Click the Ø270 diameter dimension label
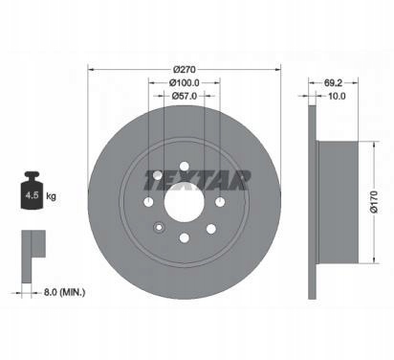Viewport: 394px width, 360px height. click(185, 69)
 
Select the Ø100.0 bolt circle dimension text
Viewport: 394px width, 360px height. click(185, 82)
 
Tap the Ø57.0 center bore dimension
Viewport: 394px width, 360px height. click(185, 96)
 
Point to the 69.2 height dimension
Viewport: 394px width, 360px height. click(333, 82)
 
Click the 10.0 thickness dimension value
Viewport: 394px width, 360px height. click(337, 96)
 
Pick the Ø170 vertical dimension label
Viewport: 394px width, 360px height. click(374, 202)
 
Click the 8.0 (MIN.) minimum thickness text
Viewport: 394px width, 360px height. click(64, 292)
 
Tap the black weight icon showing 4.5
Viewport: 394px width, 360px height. click(32, 191)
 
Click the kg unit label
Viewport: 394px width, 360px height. click(51, 195)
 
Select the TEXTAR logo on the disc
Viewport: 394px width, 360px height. click(197, 180)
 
